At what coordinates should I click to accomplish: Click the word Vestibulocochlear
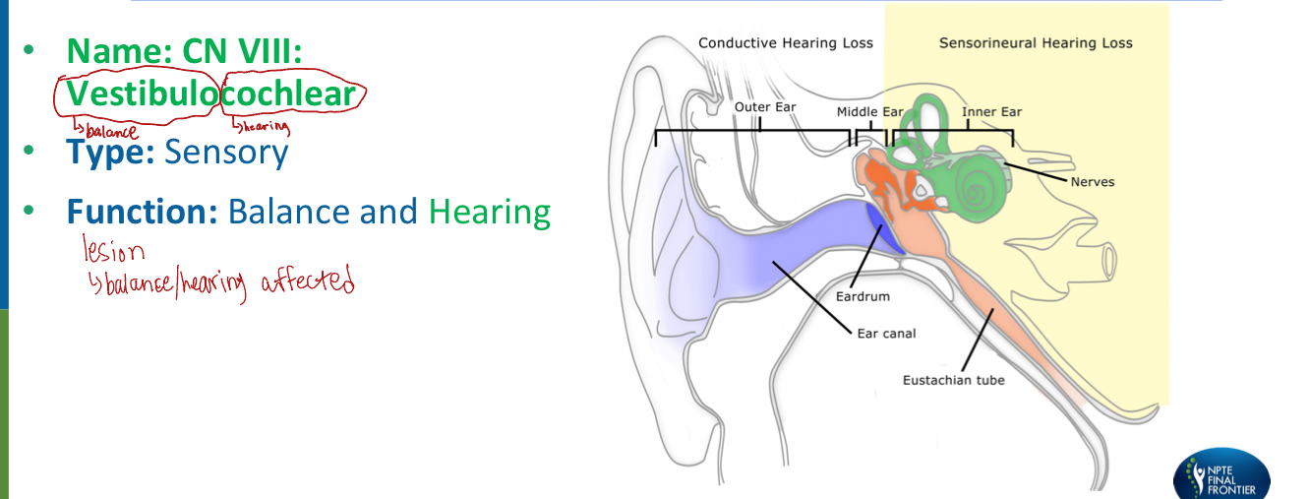208,94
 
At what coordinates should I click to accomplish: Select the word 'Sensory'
226,153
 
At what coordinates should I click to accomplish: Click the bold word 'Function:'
142,212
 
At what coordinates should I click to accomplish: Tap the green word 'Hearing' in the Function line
489,212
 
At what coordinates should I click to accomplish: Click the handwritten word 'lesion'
114,253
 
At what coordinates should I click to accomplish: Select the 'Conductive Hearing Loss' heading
785,43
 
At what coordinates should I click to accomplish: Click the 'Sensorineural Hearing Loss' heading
1036,43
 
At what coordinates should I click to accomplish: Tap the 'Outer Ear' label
765,106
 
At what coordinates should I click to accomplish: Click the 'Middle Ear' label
869,112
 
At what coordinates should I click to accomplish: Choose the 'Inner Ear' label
992,112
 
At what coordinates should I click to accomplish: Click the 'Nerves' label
1093,182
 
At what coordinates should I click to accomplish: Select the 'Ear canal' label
885,334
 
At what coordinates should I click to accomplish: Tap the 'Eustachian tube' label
954,380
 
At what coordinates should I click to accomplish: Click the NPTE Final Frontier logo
1222,476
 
